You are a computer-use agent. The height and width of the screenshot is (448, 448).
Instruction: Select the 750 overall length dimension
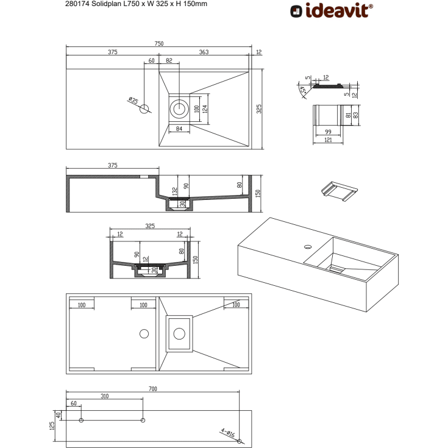tap(158, 43)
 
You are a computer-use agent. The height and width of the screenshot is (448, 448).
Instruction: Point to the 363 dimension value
tap(204, 52)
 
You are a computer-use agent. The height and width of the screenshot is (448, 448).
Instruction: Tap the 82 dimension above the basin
tap(169, 60)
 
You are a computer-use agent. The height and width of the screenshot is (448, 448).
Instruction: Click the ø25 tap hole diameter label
tap(133, 101)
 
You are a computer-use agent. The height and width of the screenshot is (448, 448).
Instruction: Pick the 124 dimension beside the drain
tap(205, 108)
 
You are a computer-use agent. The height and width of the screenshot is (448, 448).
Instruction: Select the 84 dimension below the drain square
tap(179, 128)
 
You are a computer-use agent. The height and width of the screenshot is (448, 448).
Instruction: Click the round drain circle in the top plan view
tap(179, 109)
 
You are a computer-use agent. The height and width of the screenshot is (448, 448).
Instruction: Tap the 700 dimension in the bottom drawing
tap(153, 388)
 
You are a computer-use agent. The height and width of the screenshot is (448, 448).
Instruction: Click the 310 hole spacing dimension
tap(104, 396)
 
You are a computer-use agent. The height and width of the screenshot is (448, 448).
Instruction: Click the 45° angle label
tap(303, 90)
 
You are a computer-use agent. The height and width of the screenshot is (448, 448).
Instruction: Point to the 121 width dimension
tap(328, 140)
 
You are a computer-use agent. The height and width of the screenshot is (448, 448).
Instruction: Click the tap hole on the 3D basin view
tap(307, 247)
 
